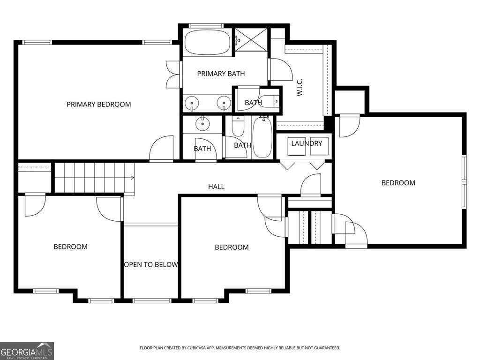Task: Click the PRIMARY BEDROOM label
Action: [x=98, y=104]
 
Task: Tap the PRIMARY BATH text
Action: [x=221, y=74]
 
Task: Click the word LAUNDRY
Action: [x=307, y=143]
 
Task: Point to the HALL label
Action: [x=216, y=187]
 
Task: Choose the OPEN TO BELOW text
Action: [x=151, y=264]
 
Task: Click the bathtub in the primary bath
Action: [x=207, y=43]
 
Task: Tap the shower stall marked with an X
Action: [x=251, y=39]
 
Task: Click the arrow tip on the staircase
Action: [x=133, y=178]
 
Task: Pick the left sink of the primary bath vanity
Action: [x=192, y=103]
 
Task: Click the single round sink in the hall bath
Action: [x=203, y=124]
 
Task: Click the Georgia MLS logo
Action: [x=27, y=351]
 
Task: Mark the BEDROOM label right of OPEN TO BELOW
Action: [x=232, y=247]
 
